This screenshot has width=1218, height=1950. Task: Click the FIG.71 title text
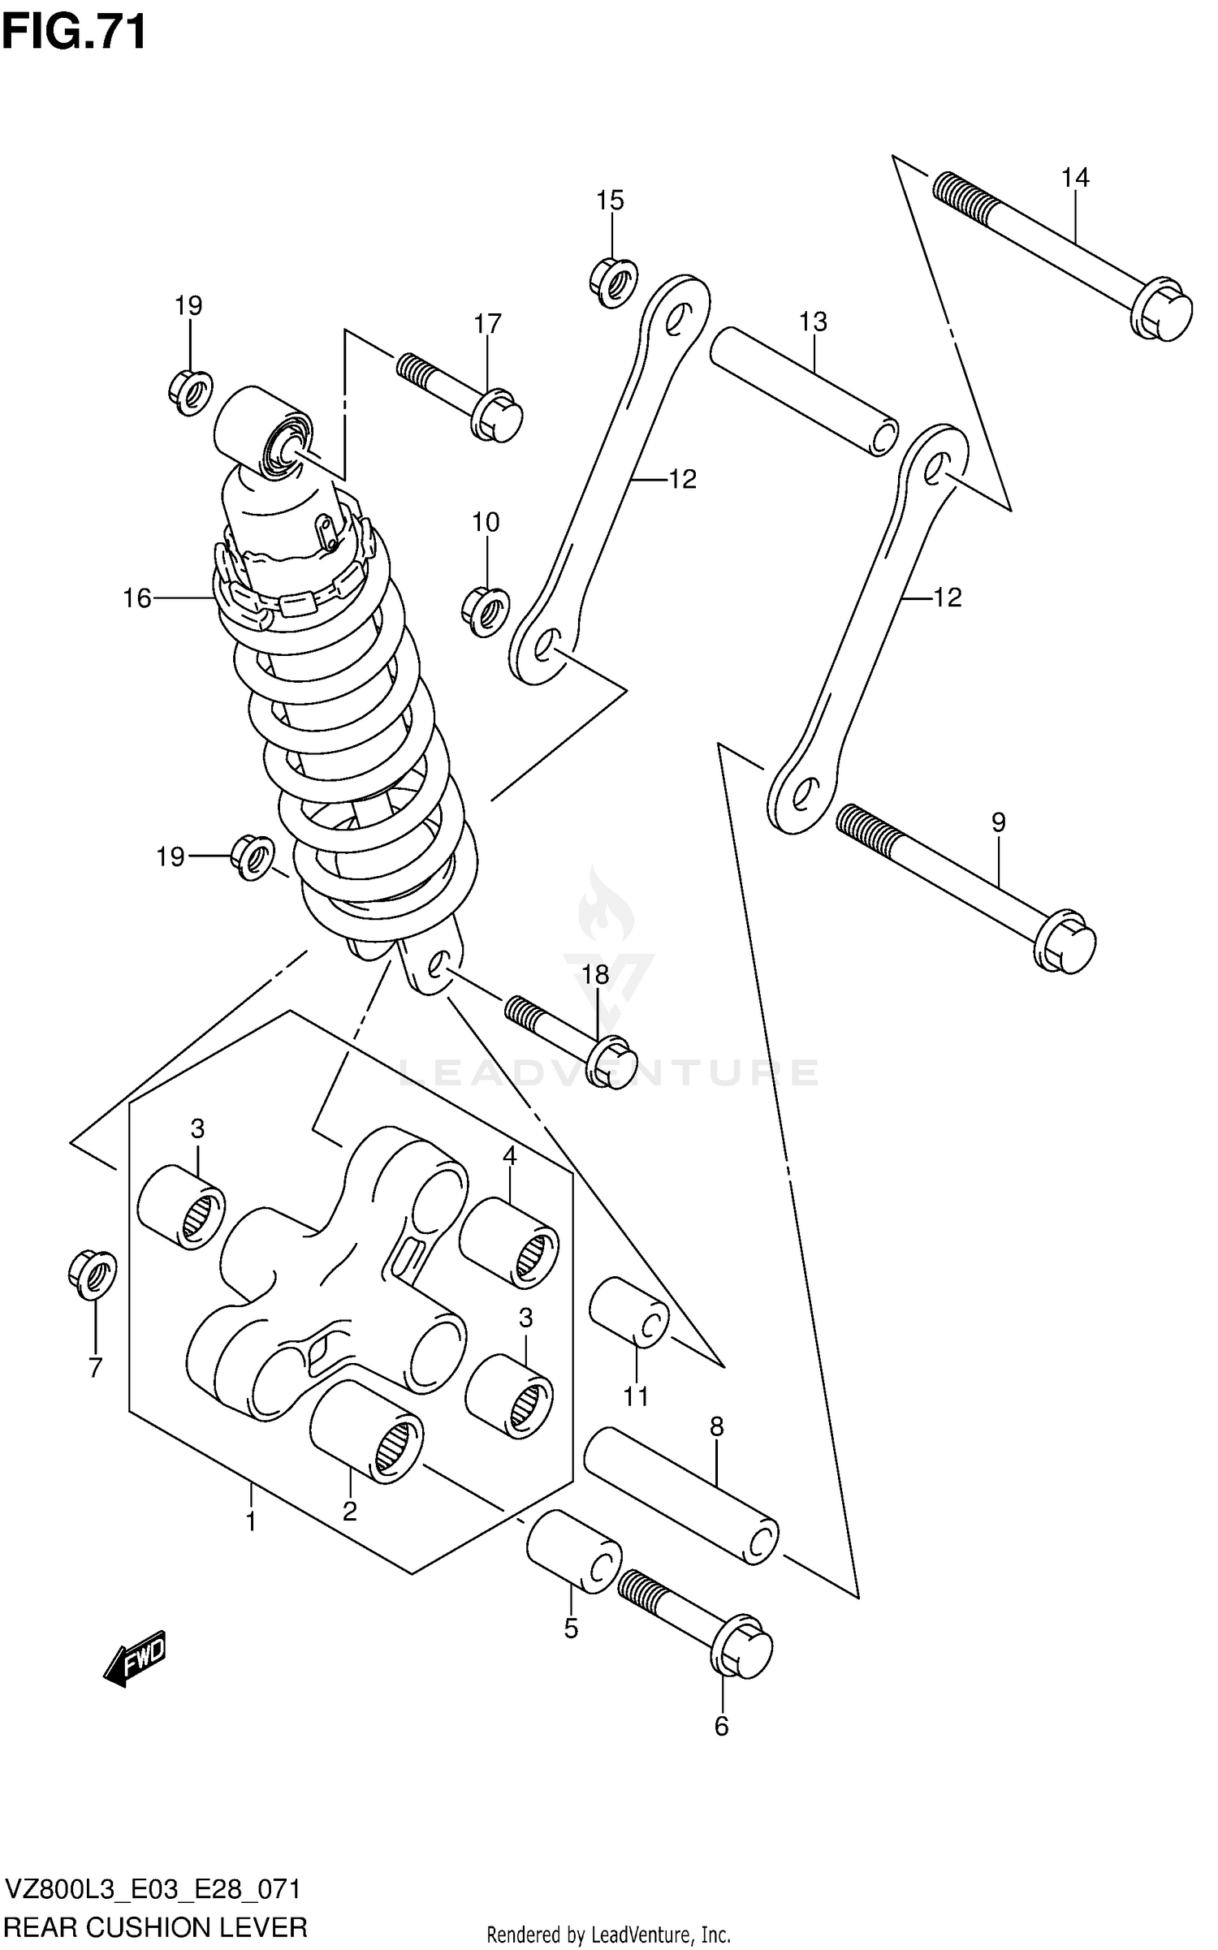click(x=74, y=32)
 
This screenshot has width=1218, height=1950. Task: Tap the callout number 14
click(x=1075, y=178)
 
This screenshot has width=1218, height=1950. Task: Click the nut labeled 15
click(x=612, y=282)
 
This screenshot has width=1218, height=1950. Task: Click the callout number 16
click(x=136, y=598)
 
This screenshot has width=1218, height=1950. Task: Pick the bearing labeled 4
click(x=509, y=1242)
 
